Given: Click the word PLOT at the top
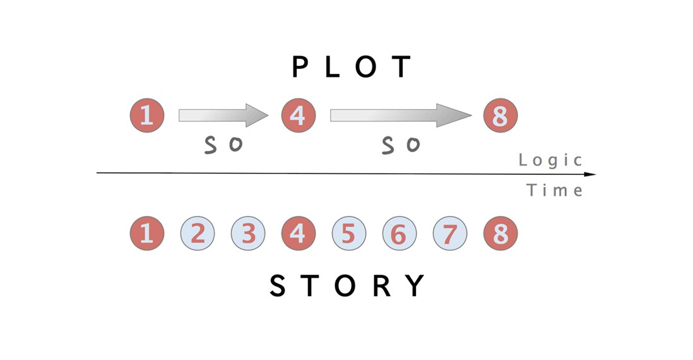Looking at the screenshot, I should (x=352, y=67).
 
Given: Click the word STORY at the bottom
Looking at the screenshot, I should (x=348, y=286).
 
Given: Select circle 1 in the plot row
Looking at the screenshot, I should (x=147, y=116).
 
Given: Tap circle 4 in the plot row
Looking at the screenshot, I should (x=298, y=116).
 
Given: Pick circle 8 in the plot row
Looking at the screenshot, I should (x=500, y=116).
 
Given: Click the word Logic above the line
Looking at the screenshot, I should (x=550, y=160).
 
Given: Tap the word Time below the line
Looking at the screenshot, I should (x=555, y=190).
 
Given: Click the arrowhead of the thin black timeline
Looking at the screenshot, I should (x=591, y=174).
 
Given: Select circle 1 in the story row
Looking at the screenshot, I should (x=147, y=234).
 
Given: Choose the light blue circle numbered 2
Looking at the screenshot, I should (x=198, y=234).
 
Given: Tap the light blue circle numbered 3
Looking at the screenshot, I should (x=248, y=234).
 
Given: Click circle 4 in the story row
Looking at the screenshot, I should (x=298, y=234).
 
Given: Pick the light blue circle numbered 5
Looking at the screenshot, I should (x=348, y=234).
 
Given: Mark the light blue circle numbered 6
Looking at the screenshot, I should (x=399, y=234).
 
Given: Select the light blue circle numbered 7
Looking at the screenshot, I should (x=449, y=234).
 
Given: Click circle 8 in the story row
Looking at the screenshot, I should (x=500, y=234).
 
